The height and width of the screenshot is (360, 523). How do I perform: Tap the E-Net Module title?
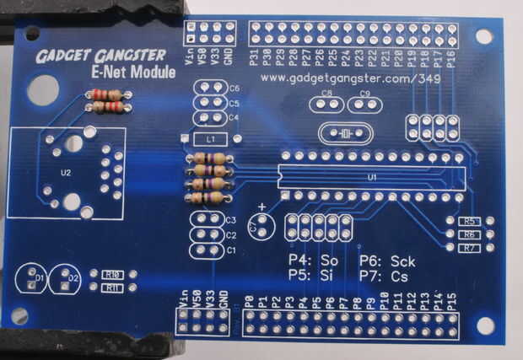(132, 73)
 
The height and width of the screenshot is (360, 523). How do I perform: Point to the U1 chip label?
(372, 178)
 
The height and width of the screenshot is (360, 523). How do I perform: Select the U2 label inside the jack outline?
(67, 172)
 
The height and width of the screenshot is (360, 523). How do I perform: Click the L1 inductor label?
(211, 137)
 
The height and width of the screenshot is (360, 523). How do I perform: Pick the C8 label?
(326, 94)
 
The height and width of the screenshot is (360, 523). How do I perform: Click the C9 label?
(364, 94)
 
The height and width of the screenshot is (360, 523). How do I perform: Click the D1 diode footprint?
(33, 278)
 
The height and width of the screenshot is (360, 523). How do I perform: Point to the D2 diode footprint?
(67, 278)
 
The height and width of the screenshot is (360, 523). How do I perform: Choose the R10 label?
(111, 274)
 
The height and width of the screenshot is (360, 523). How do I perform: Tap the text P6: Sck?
(387, 260)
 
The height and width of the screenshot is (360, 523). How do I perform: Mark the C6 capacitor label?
(235, 89)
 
